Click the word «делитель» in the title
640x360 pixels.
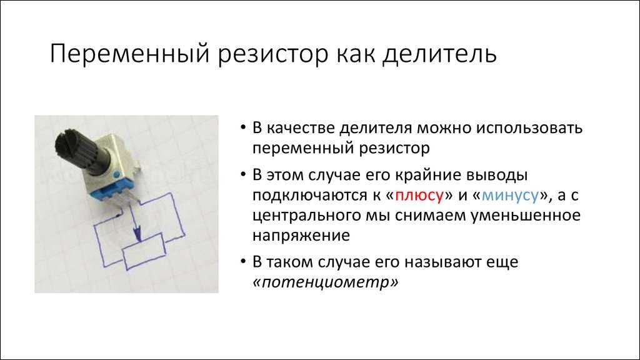click(x=439, y=54)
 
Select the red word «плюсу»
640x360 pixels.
click(x=419, y=196)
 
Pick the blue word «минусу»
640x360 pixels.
click(x=510, y=196)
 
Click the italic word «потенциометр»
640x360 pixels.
click(x=325, y=282)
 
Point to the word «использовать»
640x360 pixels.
click(x=528, y=127)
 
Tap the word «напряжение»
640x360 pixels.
click(x=301, y=236)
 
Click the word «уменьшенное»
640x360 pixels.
click(x=526, y=215)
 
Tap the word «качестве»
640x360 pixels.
click(x=301, y=128)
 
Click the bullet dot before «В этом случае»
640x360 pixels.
click(x=243, y=175)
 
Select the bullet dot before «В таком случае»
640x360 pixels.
click(x=243, y=262)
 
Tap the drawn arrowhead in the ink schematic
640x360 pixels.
click(x=137, y=234)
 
